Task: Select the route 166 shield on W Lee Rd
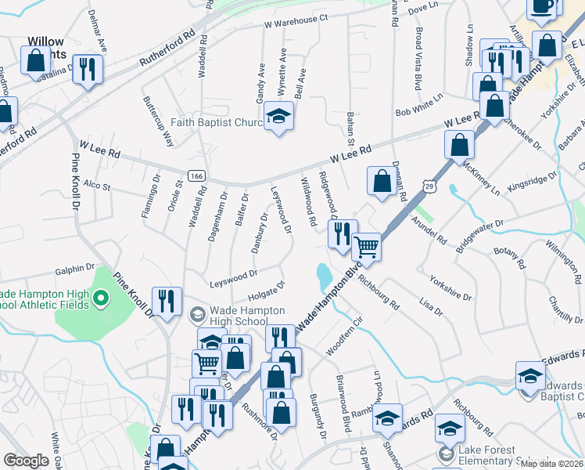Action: pyautogui.click(x=195, y=174)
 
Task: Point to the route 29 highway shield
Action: pyautogui.click(x=429, y=185)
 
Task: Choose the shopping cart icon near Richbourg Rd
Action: pyautogui.click(x=365, y=248)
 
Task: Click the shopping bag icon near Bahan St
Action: pyautogui.click(x=382, y=182)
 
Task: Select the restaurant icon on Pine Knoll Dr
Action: pyautogui.click(x=167, y=302)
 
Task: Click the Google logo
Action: pyautogui.click(x=26, y=461)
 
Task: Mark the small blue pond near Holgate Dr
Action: pyautogui.click(x=323, y=275)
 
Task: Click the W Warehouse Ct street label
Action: pyautogui.click(x=296, y=20)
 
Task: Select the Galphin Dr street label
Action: pyautogui.click(x=74, y=269)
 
